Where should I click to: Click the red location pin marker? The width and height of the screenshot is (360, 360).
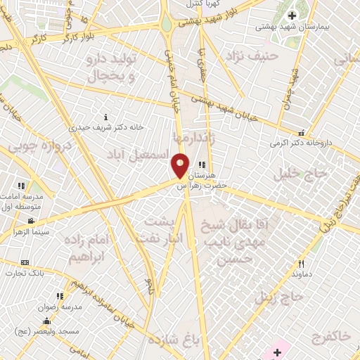(180, 166)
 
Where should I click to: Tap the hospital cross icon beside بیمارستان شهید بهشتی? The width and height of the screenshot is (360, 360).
(292, 15)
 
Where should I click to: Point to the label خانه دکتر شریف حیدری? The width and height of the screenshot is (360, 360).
(105, 127)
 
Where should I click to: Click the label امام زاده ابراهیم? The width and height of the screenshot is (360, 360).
(88, 248)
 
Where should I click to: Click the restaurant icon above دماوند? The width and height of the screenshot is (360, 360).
(301, 264)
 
